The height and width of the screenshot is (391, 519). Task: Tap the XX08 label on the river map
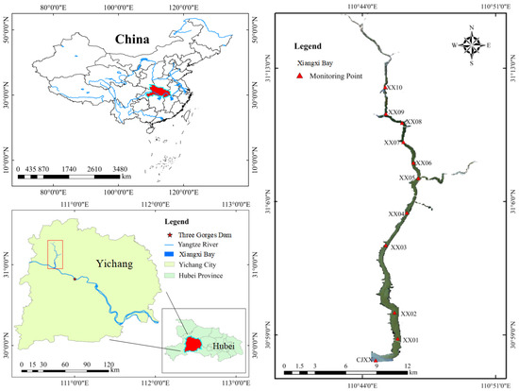(413, 122)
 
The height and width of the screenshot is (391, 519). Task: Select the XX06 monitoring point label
(423, 163)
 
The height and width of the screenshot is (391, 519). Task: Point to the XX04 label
(396, 214)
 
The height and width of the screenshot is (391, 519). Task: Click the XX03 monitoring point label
(398, 247)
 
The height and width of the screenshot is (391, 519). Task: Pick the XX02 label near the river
(408, 314)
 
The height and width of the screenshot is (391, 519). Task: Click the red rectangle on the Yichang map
(55, 254)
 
